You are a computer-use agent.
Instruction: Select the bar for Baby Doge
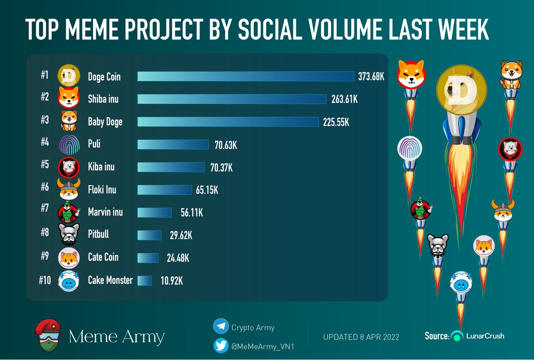228,122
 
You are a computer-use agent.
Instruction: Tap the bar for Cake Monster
145,281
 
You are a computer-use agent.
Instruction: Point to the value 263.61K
344,99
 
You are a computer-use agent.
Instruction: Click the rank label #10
46,281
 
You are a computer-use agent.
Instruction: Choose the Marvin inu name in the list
105,212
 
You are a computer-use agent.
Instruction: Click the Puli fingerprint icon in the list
69,144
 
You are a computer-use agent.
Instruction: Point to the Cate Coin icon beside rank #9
69,258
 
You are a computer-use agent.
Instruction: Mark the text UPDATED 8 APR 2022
361,337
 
